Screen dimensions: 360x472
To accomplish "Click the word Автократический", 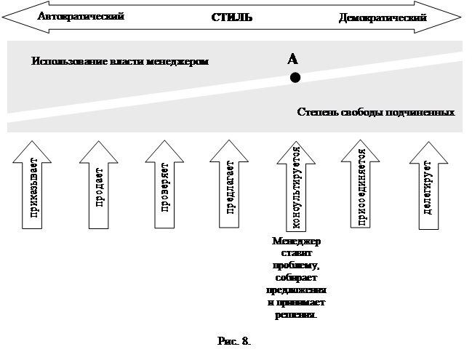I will [x=80, y=15].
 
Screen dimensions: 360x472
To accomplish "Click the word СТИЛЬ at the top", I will [x=232, y=17].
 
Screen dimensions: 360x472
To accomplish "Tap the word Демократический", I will [x=383, y=17].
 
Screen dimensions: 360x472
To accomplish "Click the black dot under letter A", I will [x=295, y=78].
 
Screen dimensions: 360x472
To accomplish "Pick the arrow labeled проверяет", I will [x=164, y=185].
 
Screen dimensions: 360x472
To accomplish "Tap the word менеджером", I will [x=181, y=61].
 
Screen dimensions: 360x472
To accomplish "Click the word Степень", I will [x=317, y=113].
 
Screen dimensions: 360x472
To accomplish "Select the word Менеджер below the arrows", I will [x=296, y=241].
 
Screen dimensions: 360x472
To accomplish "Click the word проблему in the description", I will [x=296, y=266].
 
